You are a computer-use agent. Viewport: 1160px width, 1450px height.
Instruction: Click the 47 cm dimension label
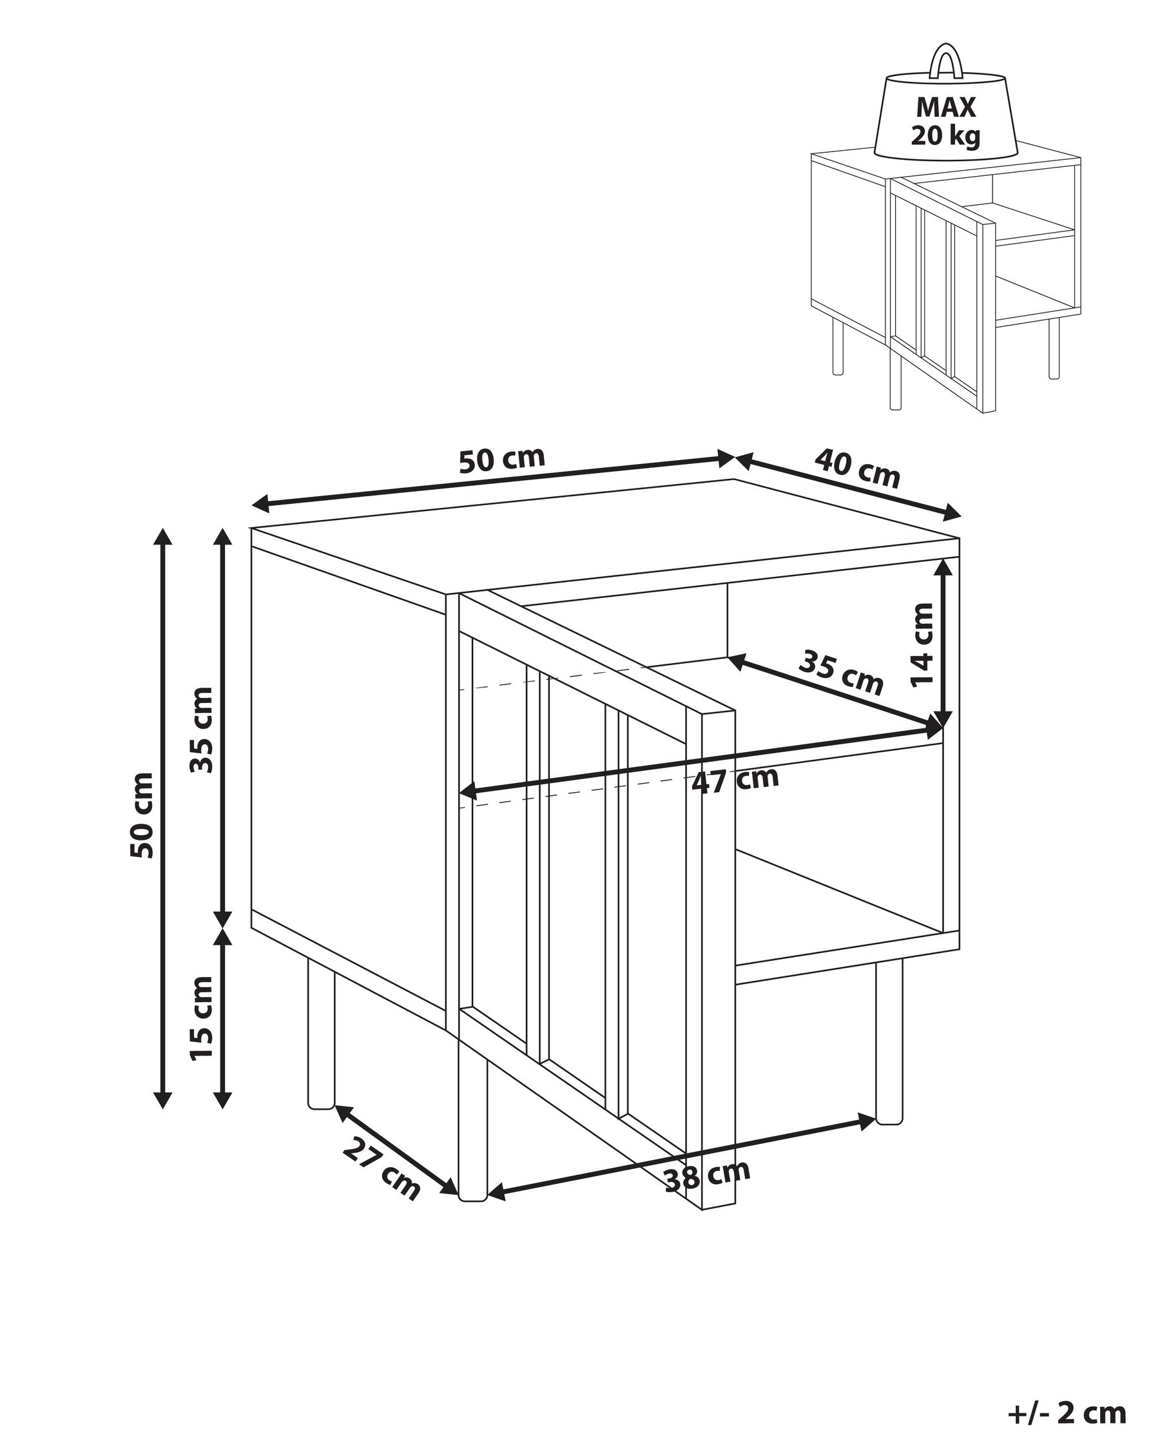(735, 780)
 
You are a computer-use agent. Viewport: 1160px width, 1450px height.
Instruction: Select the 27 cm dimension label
(382, 1169)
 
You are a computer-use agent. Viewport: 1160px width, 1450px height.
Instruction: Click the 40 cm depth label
(856, 469)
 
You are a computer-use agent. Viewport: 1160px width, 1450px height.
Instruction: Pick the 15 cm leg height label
(202, 1018)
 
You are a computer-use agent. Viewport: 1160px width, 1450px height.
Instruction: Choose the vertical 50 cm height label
(142, 815)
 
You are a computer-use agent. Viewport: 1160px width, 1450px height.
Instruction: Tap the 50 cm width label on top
(501, 459)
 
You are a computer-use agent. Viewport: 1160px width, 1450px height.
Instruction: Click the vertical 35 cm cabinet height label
(202, 730)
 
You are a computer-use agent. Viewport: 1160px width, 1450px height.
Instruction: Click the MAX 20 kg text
(945, 122)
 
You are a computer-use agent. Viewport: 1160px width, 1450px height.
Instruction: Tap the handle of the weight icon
(946, 61)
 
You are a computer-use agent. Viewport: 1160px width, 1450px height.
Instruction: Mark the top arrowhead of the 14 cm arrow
(943, 569)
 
